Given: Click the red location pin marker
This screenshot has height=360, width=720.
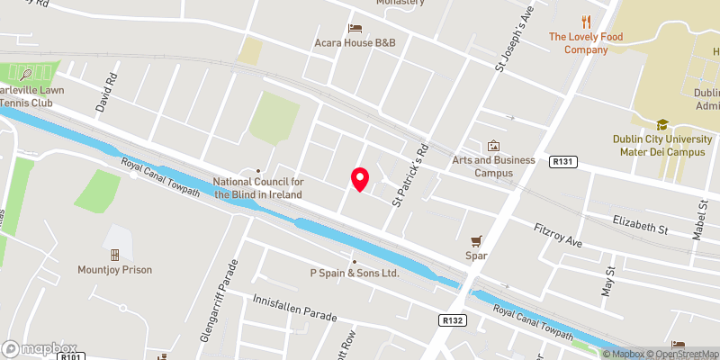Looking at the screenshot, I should (x=360, y=179).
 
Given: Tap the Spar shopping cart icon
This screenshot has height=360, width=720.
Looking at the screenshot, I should (x=477, y=240).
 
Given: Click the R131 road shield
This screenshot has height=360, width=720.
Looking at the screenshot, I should (x=562, y=161).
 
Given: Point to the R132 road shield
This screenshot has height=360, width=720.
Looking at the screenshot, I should (x=452, y=319).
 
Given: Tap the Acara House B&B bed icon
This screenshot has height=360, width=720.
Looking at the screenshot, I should (x=355, y=28).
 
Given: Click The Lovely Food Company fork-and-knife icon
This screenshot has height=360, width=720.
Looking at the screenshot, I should (x=586, y=22).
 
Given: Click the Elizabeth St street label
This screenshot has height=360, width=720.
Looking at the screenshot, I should (x=640, y=225).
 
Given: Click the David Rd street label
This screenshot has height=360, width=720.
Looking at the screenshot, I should (x=110, y=91).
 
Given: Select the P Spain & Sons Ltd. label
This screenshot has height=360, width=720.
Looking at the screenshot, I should (x=354, y=272).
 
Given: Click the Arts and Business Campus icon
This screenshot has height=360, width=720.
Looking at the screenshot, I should (x=492, y=146).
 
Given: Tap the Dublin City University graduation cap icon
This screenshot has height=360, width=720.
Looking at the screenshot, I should (x=662, y=125).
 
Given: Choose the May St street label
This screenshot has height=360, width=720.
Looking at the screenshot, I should (x=608, y=282).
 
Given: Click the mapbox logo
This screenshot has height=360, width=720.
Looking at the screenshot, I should (x=39, y=348).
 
